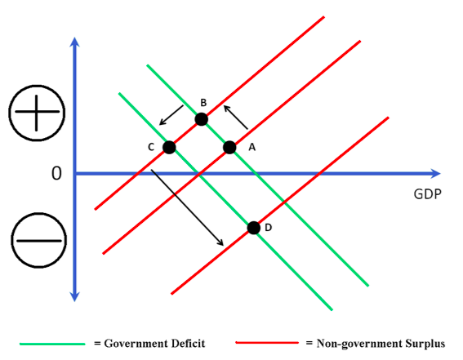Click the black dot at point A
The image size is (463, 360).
[229, 147]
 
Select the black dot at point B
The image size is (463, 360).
[202, 119]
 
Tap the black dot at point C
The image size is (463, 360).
[169, 147]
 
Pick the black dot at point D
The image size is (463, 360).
[254, 228]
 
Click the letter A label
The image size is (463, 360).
[252, 147]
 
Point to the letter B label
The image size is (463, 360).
[203, 103]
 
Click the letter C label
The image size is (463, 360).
[151, 147]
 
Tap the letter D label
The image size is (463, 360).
[268, 228]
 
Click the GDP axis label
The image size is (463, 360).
[428, 194]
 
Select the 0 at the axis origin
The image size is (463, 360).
[56, 173]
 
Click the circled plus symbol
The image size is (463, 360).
[37, 113]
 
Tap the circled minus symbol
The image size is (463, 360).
[38, 240]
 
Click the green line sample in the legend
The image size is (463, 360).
[52, 344]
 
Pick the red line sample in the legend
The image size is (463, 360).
[267, 343]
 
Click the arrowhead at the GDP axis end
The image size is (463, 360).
[436, 174]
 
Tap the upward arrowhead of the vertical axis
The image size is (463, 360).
[74, 42]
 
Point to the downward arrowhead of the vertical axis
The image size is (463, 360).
[74, 297]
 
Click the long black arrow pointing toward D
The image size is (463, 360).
[187, 207]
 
